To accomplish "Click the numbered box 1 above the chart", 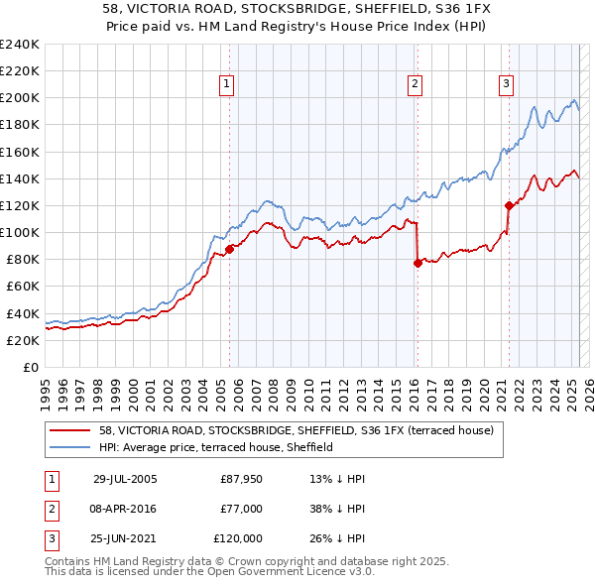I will click(x=228, y=85).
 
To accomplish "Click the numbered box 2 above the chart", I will click(x=415, y=85).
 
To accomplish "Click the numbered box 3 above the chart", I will click(x=506, y=85).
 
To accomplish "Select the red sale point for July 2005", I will click(x=229, y=249).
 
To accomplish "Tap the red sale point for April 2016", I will click(x=417, y=263).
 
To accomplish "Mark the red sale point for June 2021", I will click(x=509, y=205).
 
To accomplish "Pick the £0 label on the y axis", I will click(x=32, y=367).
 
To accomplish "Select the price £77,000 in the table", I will click(x=242, y=509).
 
